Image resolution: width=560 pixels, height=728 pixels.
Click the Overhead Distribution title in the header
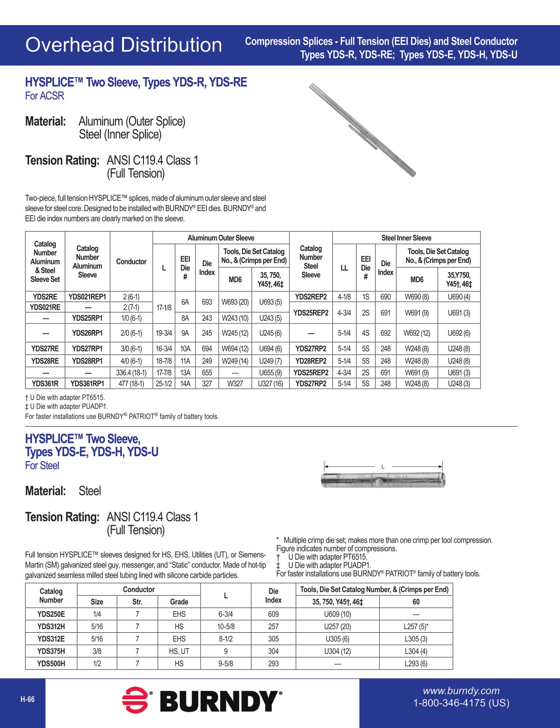pos(124,45)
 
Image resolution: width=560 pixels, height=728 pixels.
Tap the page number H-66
pos(27,699)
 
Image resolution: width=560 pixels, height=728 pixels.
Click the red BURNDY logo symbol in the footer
pos(135,700)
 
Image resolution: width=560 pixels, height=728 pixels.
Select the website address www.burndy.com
pos(461,691)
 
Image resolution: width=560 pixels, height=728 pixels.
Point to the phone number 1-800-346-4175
pos(461,703)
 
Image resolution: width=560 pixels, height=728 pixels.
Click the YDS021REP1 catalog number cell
pos(87,297)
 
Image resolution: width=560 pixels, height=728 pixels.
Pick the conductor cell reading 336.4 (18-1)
pos(131,372)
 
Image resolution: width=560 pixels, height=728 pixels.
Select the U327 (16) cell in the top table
pos(270,384)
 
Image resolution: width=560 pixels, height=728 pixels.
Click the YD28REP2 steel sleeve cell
pos(311,361)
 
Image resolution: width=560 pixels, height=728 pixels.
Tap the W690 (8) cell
pos(417,297)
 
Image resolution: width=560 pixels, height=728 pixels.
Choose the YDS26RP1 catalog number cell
pos(87,333)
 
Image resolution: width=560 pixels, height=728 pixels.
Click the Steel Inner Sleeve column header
pos(406,238)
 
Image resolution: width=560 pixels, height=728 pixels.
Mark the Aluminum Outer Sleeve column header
pos(221,238)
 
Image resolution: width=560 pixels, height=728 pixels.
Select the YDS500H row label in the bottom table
pos(51,663)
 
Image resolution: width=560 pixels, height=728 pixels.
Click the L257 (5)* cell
pos(416,626)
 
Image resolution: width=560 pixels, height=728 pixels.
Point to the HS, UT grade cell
pos(179,651)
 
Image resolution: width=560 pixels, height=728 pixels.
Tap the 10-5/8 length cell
pos(226,626)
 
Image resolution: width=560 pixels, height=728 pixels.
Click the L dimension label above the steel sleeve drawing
pos(383,466)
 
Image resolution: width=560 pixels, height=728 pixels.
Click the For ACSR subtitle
pos(45,96)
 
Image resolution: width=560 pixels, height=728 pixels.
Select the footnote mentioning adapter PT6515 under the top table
pos(65,397)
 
